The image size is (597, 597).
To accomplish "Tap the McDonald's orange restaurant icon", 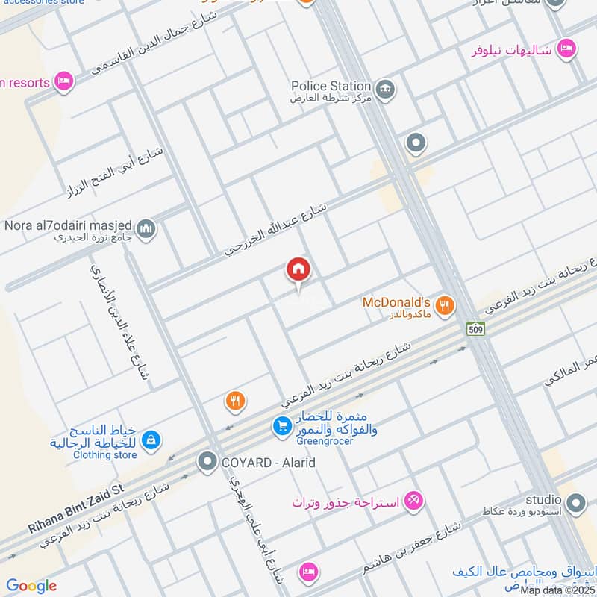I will (445, 304).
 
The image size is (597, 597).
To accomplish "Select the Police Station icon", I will (385, 90).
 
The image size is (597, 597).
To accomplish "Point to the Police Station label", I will (331, 86).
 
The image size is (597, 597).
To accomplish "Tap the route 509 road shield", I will (475, 328).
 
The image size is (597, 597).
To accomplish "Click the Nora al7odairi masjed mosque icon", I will (146, 228).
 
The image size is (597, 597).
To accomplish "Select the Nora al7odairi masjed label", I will (68, 225).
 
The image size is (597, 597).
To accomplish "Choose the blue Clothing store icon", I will (151, 440).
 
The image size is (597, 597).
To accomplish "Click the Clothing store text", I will (105, 454).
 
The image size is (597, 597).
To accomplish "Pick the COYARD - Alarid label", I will (268, 463).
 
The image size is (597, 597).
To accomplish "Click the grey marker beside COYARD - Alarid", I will (207, 463).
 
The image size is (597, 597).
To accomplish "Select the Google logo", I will (31, 586).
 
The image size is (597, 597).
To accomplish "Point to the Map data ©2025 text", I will (556, 590).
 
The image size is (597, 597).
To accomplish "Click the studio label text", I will (543, 498).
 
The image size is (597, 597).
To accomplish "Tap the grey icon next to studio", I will (575, 505).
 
